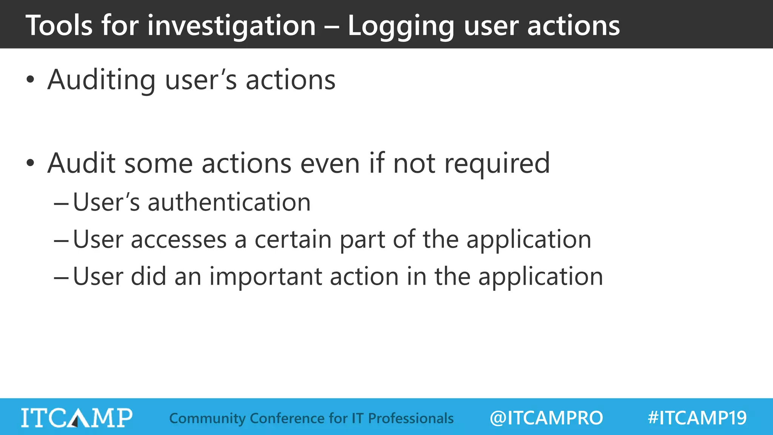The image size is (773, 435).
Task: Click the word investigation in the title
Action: (231, 26)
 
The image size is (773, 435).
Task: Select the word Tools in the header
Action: (59, 26)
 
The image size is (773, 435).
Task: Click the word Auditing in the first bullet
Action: (101, 80)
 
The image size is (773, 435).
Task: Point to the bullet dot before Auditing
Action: (31, 80)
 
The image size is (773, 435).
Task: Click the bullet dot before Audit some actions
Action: (31, 164)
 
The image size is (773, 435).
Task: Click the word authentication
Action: (229, 202)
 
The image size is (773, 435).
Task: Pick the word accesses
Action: (179, 239)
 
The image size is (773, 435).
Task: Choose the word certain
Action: (293, 239)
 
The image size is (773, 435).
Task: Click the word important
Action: (266, 276)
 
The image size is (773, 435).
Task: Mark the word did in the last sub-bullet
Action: (148, 276)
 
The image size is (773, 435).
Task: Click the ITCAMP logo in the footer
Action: (77, 418)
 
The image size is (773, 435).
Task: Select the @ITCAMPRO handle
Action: (546, 418)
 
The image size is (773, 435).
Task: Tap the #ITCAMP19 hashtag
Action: (697, 418)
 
